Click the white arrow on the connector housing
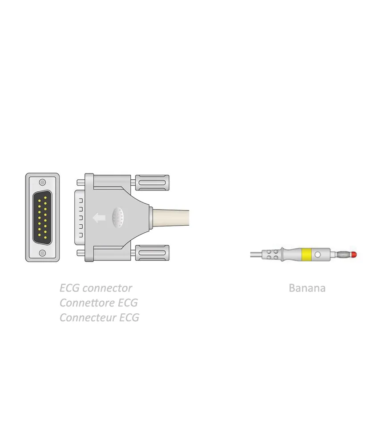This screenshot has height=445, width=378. click(99, 218)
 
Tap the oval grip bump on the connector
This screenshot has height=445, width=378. click(118, 218)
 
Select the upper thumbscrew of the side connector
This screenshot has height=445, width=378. click(152, 183)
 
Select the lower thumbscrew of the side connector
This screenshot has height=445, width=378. click(152, 253)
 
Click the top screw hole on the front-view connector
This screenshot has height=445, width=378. click(42, 182)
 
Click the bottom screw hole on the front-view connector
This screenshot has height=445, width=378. click(42, 253)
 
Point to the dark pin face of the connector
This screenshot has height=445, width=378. click(42, 218)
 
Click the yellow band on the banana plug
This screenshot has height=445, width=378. click(306, 255)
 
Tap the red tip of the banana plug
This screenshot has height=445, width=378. click(354, 255)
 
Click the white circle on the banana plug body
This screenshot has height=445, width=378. click(318, 255)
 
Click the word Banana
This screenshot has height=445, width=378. click(307, 288)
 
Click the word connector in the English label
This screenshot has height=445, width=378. click(108, 288)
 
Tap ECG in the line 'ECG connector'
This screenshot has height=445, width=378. click(70, 288)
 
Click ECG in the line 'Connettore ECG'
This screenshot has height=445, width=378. click(128, 303)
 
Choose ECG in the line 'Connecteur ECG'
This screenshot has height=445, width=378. click(129, 318)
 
